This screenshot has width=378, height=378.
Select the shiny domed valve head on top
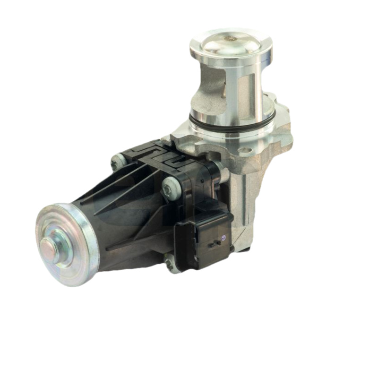(x=232, y=45)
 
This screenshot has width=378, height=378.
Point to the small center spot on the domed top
(x=231, y=38)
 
